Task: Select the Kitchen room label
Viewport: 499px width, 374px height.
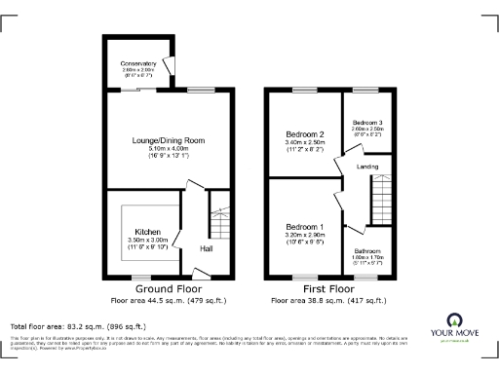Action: (x=148, y=232)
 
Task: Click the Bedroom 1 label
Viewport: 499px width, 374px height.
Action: (x=305, y=227)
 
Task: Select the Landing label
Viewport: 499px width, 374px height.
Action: (x=368, y=167)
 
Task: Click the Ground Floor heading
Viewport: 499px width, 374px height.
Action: (x=169, y=289)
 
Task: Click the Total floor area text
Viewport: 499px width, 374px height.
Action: (x=78, y=325)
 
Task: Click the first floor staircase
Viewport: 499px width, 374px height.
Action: (x=378, y=206)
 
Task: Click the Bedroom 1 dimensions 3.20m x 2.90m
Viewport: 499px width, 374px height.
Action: (x=305, y=236)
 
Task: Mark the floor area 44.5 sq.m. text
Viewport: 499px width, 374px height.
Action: (x=169, y=301)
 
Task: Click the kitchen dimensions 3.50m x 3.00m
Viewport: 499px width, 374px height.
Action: (x=148, y=240)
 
